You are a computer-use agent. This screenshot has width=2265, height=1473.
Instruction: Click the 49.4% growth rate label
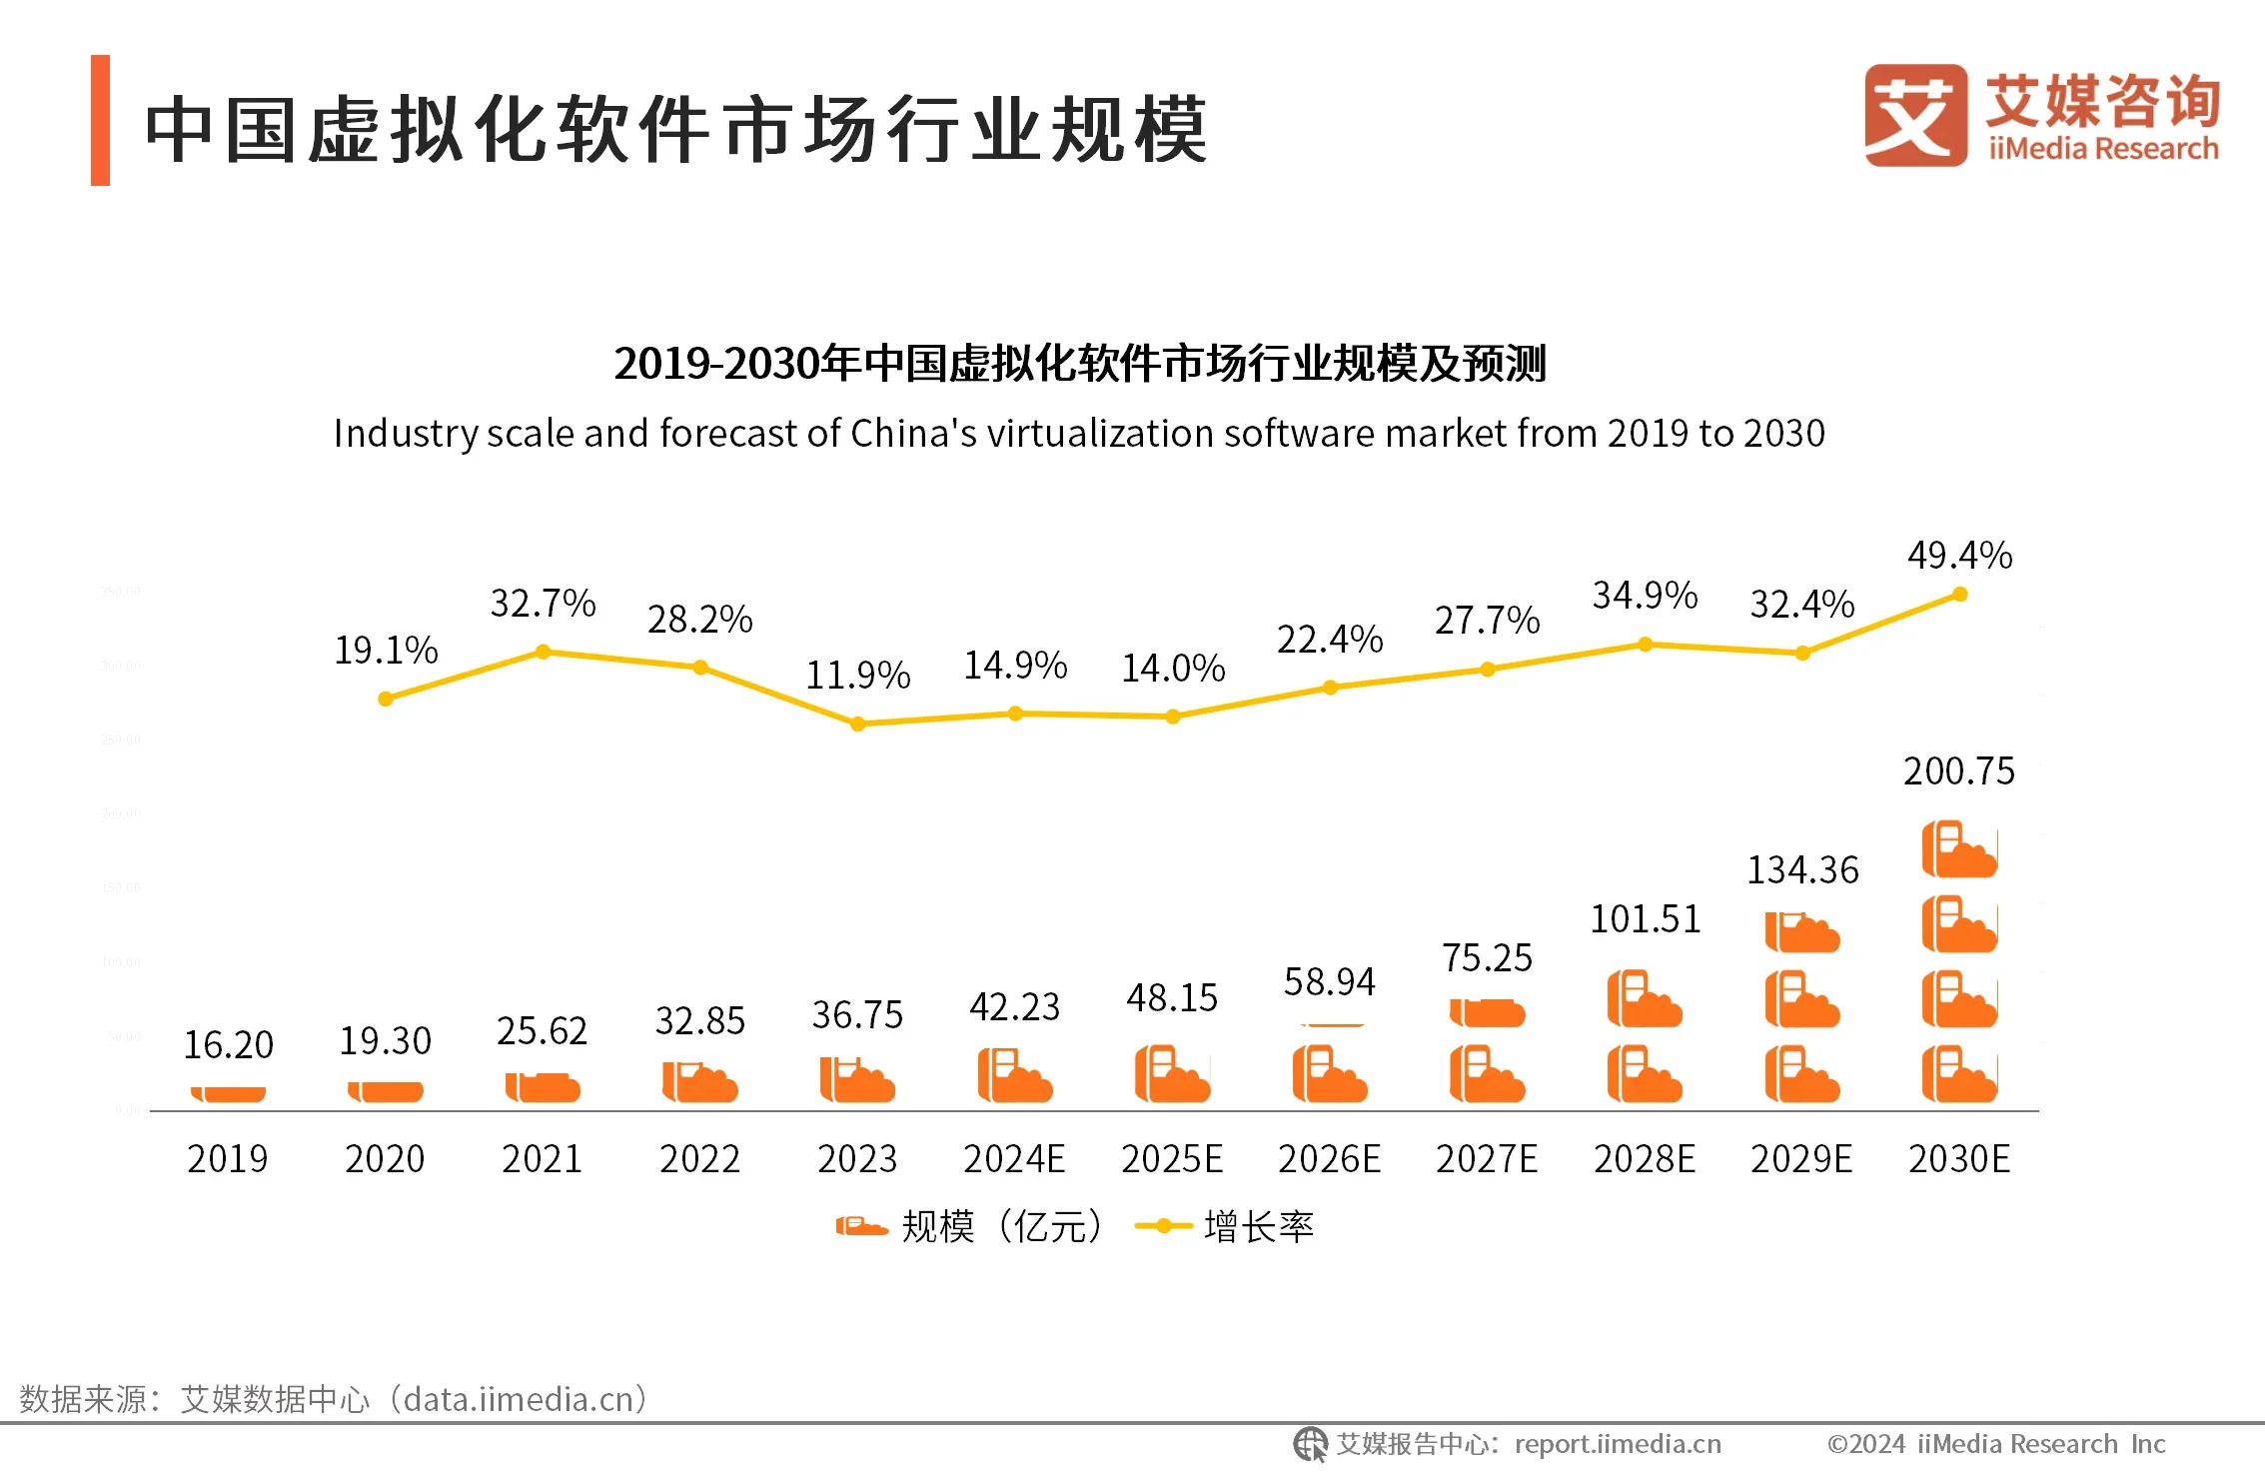1959,556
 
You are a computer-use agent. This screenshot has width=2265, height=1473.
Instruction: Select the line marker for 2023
857,724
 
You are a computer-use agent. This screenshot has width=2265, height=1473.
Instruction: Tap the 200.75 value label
1958,771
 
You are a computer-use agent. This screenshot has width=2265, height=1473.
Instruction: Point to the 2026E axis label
1329,1159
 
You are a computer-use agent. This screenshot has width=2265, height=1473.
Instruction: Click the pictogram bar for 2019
228,1093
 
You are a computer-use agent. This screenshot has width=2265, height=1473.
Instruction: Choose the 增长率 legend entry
1227,1226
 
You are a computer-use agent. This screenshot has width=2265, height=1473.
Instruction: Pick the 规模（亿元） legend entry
969,1226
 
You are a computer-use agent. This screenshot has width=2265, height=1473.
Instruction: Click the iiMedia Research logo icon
1914,115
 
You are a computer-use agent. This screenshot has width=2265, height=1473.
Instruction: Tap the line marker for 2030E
1959,595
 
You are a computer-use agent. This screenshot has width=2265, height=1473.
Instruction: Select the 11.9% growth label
858,676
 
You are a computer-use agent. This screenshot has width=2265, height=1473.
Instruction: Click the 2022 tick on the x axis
699,1159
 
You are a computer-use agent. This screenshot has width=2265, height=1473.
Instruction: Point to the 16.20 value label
228,1045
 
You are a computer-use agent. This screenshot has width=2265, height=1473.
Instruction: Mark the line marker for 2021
543,652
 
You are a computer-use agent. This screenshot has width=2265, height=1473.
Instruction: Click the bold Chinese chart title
1079,363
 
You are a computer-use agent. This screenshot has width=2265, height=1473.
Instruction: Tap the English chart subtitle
1079,434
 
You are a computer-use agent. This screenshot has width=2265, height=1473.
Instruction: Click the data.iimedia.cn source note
334,1399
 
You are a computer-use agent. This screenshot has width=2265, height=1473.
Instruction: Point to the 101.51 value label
1645,919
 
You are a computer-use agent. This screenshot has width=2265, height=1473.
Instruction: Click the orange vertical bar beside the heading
100,120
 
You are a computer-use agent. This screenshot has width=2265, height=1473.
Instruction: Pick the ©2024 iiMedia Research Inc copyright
1995,1444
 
